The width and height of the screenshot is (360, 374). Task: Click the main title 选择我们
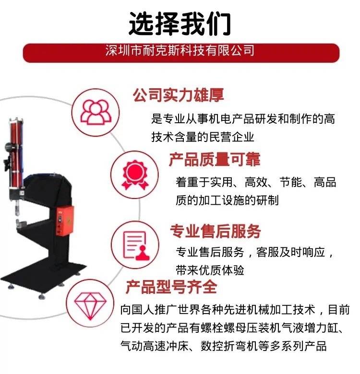[180, 23]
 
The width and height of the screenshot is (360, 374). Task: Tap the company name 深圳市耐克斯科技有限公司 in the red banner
[180, 50]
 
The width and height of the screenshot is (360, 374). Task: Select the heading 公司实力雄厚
[179, 95]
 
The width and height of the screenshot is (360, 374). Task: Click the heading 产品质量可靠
[215, 159]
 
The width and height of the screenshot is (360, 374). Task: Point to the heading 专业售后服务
[216, 231]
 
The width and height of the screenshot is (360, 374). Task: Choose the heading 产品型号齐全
[171, 287]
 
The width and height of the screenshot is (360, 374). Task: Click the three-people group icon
[96, 112]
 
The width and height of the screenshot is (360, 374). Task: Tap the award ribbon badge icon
[135, 175]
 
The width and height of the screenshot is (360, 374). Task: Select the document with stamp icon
[136, 245]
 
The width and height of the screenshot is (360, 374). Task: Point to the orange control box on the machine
[65, 221]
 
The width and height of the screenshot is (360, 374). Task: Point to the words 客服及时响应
[290, 252]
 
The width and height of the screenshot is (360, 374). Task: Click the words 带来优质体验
[210, 270]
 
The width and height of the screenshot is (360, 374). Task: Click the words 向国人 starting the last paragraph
[137, 310]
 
